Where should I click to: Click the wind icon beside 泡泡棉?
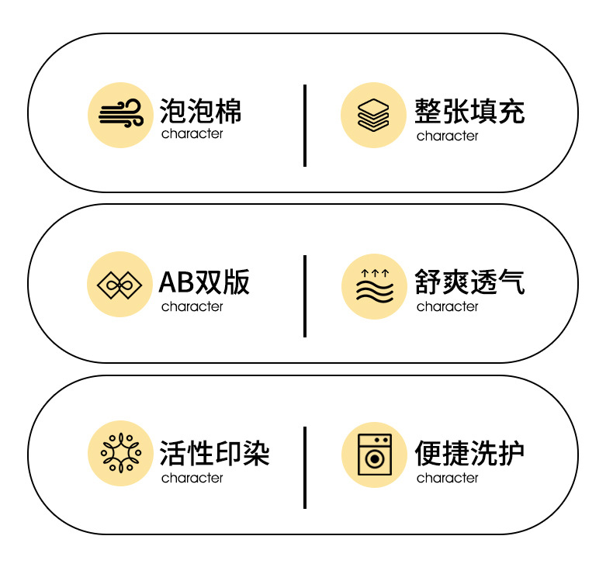[x=119, y=115]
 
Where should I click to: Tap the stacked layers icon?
[x=374, y=115]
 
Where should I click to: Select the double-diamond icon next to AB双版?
[x=119, y=285]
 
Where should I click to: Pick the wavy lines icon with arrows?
[x=374, y=286]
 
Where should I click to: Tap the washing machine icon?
[x=374, y=455]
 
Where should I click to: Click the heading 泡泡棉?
[x=200, y=110]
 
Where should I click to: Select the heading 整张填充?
[x=469, y=110]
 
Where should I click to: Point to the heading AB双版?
[x=204, y=282]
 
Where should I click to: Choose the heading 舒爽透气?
[x=469, y=282]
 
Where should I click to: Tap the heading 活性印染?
[x=214, y=452]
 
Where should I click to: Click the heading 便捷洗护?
[x=469, y=452]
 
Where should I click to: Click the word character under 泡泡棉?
[x=192, y=133]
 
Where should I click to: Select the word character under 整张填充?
[x=447, y=136]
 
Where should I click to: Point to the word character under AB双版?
[x=192, y=306]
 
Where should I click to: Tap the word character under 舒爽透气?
[x=447, y=306]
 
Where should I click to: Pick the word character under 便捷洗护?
[x=447, y=478]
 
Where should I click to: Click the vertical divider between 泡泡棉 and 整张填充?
[x=304, y=125]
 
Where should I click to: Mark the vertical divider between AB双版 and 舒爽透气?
[x=304, y=296]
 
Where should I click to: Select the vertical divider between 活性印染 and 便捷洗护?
[x=304, y=467]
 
